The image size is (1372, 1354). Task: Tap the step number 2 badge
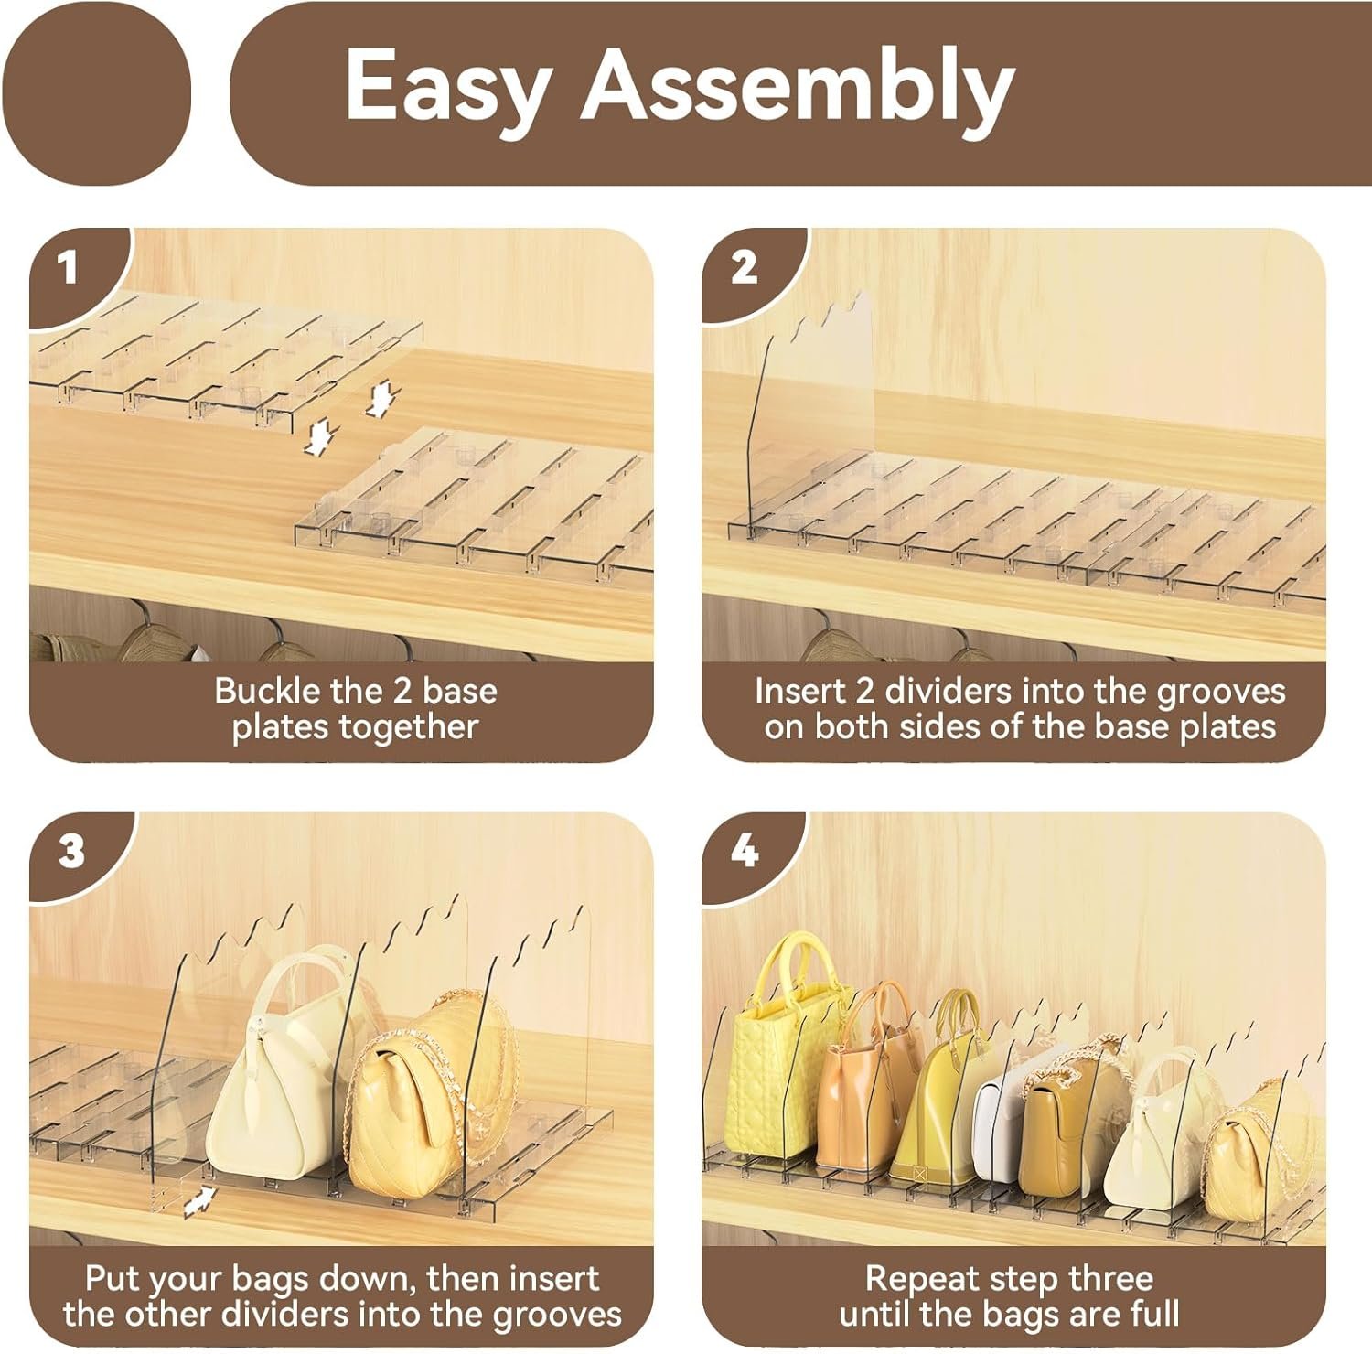(744, 267)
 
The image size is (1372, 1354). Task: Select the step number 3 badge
(71, 853)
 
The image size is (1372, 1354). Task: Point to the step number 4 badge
(745, 853)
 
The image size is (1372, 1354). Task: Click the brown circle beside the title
(96, 91)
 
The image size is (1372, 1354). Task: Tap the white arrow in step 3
(199, 1201)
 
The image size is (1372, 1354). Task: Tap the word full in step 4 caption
(1152, 1315)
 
